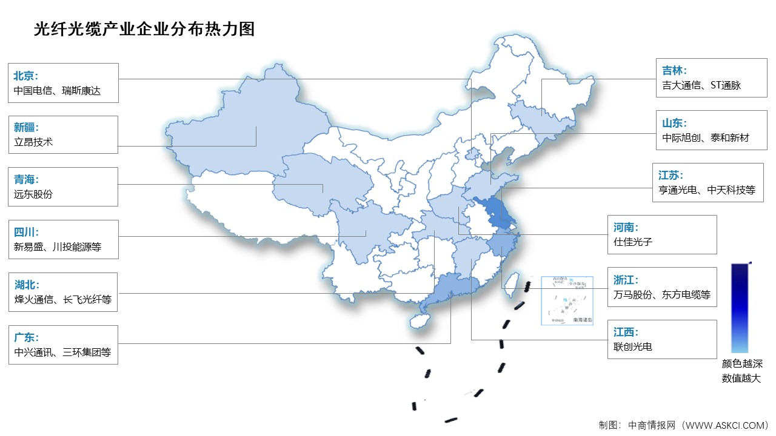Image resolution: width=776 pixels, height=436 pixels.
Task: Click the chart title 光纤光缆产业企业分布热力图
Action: (x=144, y=29)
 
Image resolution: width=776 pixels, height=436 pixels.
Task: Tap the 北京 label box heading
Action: (x=26, y=76)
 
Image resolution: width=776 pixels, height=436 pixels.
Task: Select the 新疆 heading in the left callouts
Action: (x=26, y=127)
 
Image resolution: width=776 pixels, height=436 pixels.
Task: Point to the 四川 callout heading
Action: (x=26, y=231)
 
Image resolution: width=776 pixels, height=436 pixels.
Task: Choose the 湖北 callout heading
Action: (x=26, y=284)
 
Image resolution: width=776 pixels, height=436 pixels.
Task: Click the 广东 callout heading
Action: (x=26, y=337)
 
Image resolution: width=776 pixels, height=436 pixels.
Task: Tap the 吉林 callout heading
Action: (x=674, y=70)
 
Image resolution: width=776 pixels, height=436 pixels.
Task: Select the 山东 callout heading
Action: (x=674, y=122)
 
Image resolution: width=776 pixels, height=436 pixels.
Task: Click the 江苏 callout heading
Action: (x=671, y=175)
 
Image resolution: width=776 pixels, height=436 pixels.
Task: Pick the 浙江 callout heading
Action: (x=626, y=280)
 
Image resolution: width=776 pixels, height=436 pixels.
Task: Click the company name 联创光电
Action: (x=634, y=347)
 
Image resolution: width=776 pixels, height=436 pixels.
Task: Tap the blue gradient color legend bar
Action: (x=740, y=308)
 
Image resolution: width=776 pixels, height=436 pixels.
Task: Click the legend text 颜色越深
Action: (x=741, y=364)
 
